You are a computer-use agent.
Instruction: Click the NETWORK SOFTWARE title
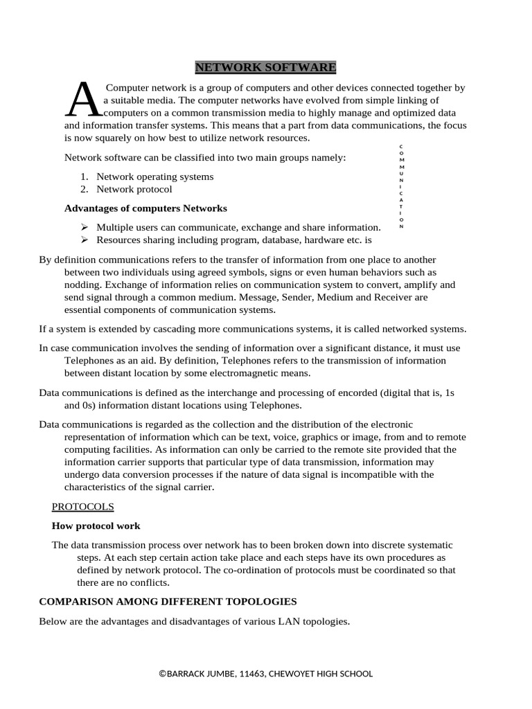[265, 67]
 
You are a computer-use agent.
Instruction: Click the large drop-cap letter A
[83, 100]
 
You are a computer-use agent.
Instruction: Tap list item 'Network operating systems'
[154, 177]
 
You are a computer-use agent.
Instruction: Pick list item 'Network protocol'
[134, 189]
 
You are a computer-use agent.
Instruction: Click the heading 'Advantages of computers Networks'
[145, 208]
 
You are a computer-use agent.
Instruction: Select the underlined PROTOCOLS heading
[83, 507]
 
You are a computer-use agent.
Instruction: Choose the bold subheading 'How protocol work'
[96, 526]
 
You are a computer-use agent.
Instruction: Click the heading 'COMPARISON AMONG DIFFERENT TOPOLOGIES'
[168, 601]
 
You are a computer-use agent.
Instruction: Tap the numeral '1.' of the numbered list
[84, 177]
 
